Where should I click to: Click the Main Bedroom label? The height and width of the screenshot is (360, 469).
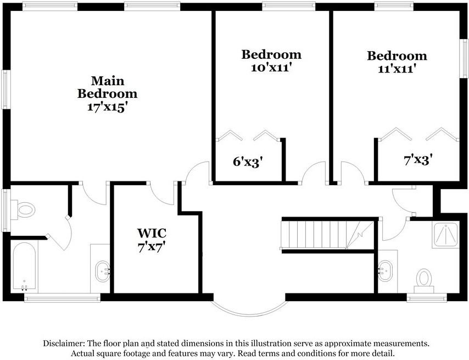[107, 87]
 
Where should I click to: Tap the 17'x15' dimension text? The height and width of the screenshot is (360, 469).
[107, 107]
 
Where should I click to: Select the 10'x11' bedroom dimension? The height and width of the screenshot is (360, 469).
[271, 68]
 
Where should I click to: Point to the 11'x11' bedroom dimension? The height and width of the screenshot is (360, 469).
[397, 69]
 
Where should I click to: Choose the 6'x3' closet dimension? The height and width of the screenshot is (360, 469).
[248, 162]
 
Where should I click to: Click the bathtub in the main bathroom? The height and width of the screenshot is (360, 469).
[24, 266]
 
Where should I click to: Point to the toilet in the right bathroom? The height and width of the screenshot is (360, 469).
[424, 279]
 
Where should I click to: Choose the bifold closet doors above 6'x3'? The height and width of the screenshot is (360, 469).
[249, 136]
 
